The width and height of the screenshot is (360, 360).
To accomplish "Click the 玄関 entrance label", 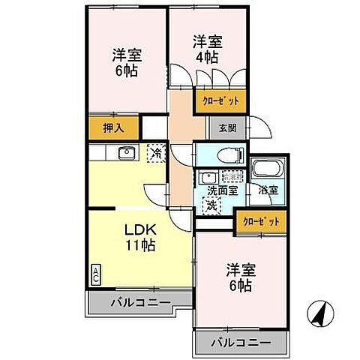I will (x=227, y=128).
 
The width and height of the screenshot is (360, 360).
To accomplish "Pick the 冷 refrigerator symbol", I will (x=156, y=152).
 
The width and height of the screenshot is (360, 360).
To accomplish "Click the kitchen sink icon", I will (x=124, y=154).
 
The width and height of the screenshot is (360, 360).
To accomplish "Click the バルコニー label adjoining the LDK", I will (x=140, y=303).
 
